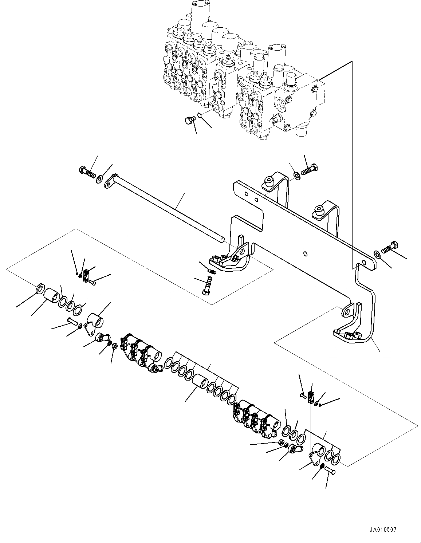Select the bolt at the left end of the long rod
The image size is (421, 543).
pyautogui.click(x=86, y=172)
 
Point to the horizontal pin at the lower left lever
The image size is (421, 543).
pyautogui.click(x=72, y=321)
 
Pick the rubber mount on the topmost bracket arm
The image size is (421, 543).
pyautogui.click(x=269, y=181)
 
